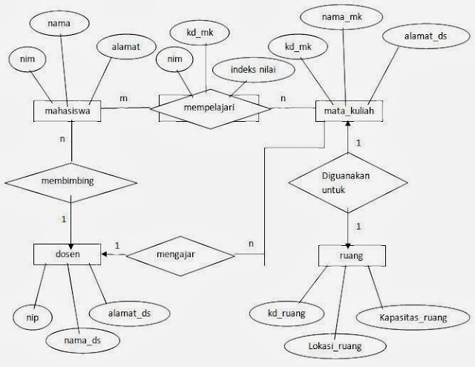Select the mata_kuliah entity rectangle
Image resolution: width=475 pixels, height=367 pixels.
349,112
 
